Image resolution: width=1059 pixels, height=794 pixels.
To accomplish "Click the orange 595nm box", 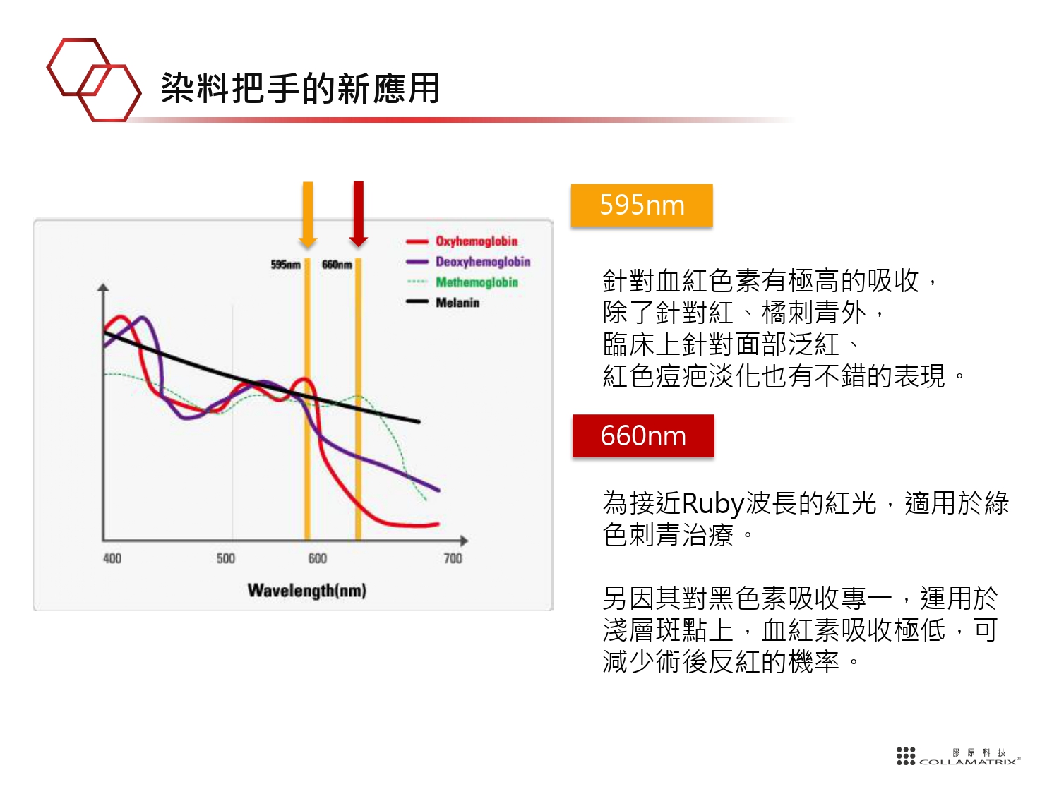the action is point(641,205).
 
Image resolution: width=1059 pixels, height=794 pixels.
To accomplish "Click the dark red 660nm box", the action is point(643,435).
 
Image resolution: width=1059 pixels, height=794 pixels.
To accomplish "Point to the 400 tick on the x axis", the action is point(112,558).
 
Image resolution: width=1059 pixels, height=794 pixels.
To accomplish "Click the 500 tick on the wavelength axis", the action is point(226,558).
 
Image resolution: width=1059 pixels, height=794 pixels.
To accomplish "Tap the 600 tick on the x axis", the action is point(318,558).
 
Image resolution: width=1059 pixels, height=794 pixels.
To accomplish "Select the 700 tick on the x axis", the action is point(453,558).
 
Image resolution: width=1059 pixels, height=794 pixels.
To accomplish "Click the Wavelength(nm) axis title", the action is point(307,591).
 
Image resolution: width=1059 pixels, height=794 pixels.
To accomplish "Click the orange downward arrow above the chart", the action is point(308,215).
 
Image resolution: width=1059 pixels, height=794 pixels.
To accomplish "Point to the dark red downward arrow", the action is point(358,214).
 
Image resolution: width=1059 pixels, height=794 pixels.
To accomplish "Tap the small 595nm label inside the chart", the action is point(286,265).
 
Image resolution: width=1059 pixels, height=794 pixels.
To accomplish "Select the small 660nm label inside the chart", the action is point(337,265).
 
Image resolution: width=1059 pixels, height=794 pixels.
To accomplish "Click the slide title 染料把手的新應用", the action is point(300,88).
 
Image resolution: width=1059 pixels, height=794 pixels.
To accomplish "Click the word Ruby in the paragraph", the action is point(712,504).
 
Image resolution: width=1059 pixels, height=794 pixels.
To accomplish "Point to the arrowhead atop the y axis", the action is point(103,287).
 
